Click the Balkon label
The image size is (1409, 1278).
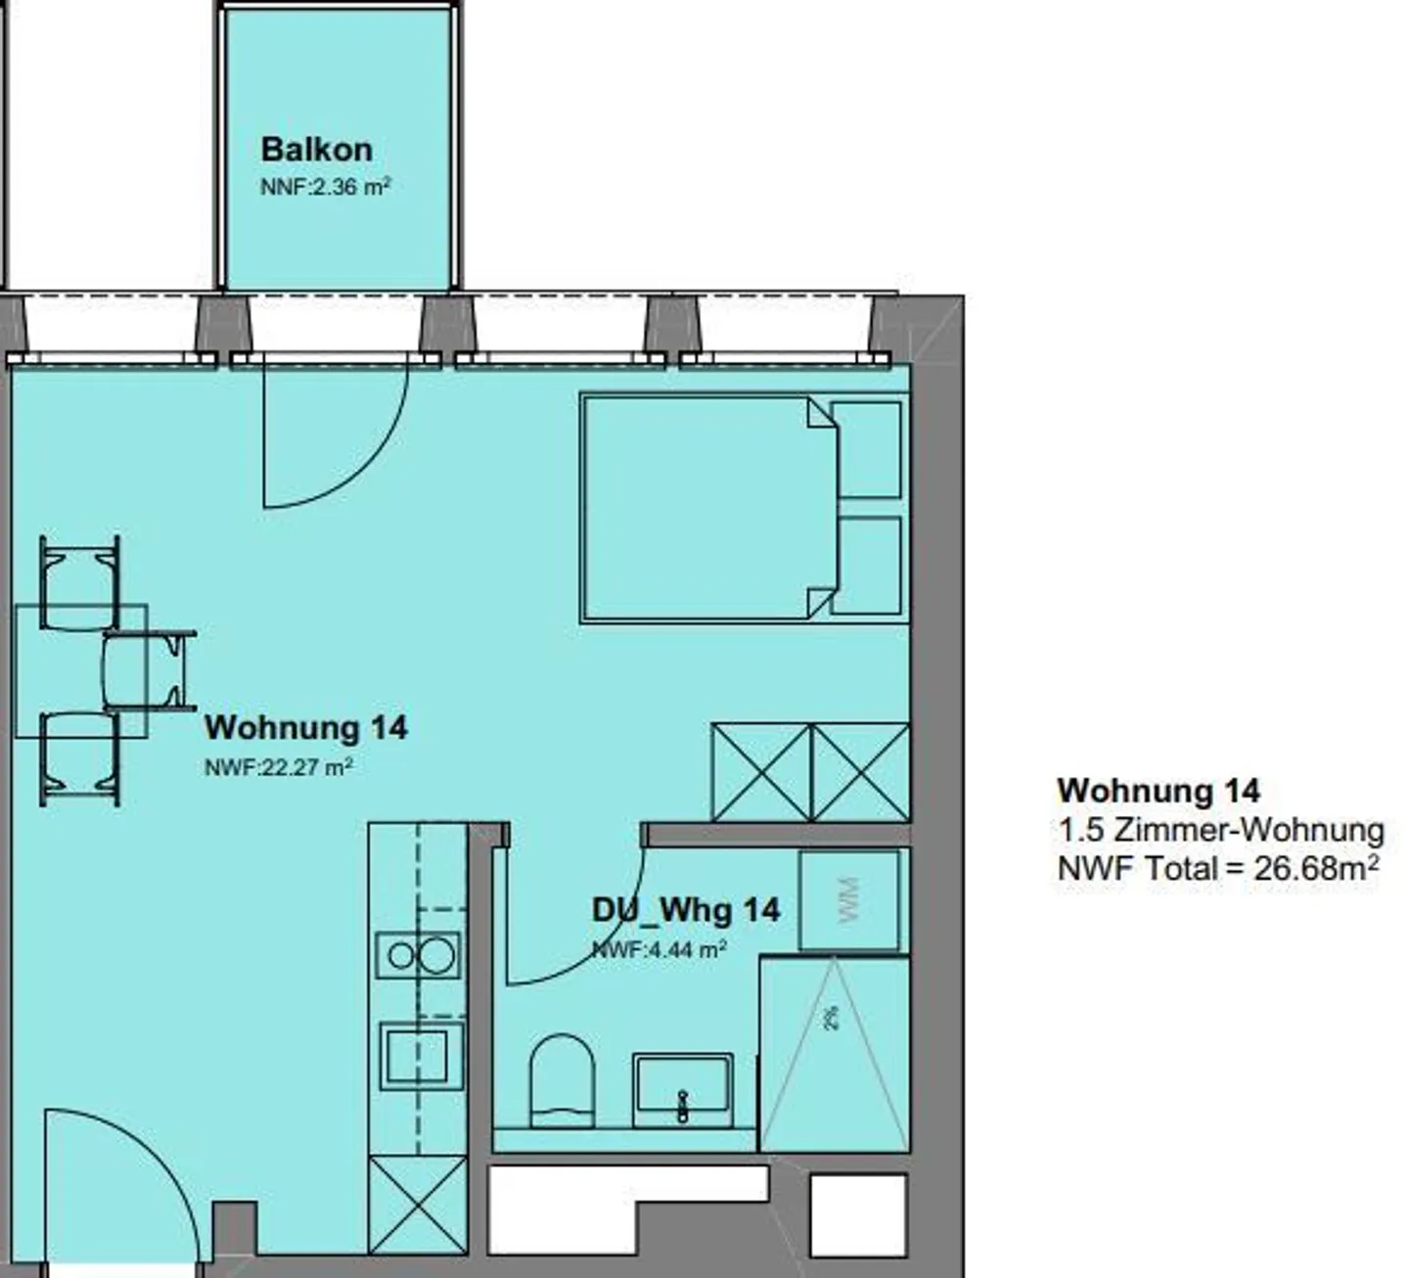(x=316, y=150)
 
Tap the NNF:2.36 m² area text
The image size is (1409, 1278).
(x=325, y=187)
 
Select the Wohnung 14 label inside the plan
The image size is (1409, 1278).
(x=305, y=727)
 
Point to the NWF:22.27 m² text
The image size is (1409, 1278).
(x=278, y=766)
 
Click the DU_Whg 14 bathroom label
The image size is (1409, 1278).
(x=686, y=910)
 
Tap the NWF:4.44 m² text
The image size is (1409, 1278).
(x=659, y=950)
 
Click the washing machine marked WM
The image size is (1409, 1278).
(x=849, y=901)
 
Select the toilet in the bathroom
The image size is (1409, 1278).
(x=562, y=1082)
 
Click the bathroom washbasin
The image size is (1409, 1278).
(x=683, y=1090)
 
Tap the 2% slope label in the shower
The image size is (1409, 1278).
(x=831, y=1018)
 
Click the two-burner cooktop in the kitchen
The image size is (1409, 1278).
(x=419, y=955)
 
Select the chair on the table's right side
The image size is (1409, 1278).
(x=149, y=669)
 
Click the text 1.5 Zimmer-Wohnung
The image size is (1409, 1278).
(x=1221, y=831)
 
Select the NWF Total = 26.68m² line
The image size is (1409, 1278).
(x=1218, y=868)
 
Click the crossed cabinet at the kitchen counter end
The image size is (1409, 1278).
(x=418, y=1214)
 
